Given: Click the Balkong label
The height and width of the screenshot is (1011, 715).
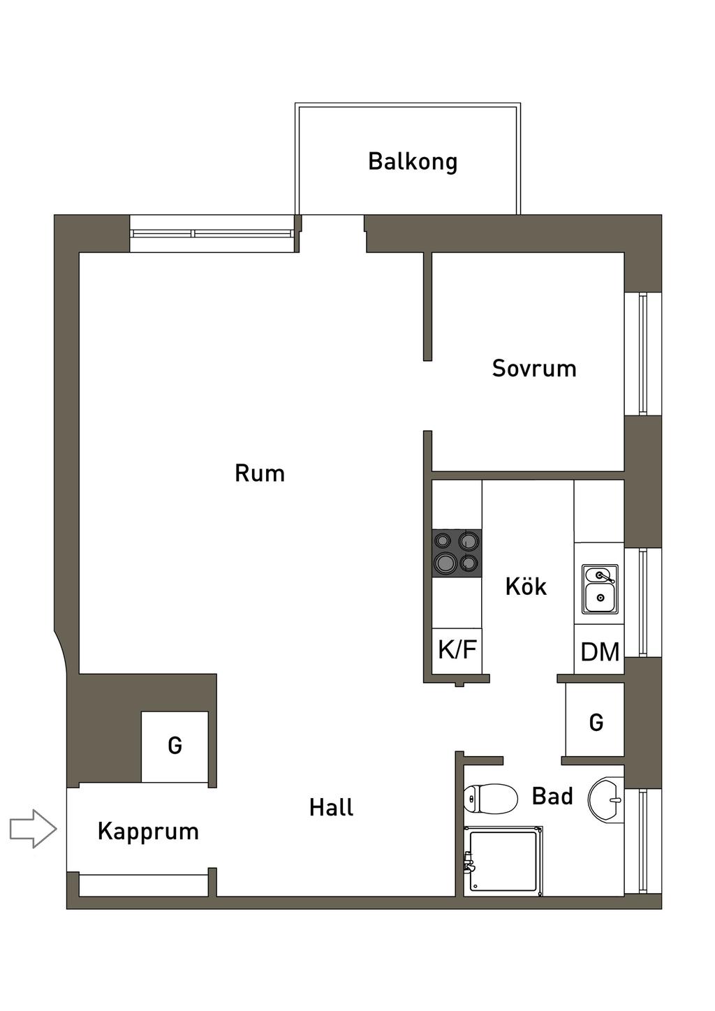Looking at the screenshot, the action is pyautogui.click(x=413, y=161).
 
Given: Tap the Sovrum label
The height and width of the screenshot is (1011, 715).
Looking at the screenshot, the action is pyautogui.click(x=534, y=368).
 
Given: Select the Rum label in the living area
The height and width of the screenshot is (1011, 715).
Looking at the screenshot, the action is pyautogui.click(x=260, y=473).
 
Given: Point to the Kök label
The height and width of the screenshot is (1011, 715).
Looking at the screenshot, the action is pyautogui.click(x=526, y=585).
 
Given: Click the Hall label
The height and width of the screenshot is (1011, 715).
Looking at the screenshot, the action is pyautogui.click(x=332, y=807).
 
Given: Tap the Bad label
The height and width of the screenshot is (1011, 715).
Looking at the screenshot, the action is pyautogui.click(x=552, y=796).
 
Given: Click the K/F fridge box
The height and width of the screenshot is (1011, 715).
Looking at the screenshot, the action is pyautogui.click(x=457, y=651).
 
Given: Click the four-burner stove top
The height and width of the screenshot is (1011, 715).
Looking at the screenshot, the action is pyautogui.click(x=457, y=553).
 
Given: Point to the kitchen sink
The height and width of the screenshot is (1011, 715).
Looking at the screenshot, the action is pyautogui.click(x=600, y=589).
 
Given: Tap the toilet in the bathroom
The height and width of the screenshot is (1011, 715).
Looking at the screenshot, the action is pyautogui.click(x=491, y=799).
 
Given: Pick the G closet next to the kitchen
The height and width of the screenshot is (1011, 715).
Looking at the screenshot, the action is pyautogui.click(x=595, y=722).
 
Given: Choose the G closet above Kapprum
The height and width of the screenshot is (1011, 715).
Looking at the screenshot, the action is pyautogui.click(x=175, y=746).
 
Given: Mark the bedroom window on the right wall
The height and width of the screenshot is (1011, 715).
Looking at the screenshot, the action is pyautogui.click(x=643, y=353).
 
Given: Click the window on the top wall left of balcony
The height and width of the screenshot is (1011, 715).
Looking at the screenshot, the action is pyautogui.click(x=212, y=233).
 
